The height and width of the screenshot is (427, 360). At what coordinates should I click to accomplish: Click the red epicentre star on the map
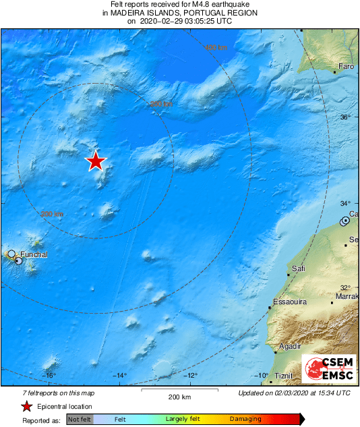tap(96, 161)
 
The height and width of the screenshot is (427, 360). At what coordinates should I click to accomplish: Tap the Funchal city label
tap(34, 255)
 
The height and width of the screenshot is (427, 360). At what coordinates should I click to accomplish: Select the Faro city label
tap(346, 67)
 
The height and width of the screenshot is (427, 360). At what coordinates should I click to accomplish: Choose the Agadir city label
tap(289, 346)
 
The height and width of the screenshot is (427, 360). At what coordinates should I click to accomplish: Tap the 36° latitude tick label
tap(345, 117)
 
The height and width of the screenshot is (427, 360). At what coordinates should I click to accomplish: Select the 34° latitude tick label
tap(345, 203)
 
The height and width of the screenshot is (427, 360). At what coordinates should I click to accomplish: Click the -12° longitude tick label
tap(191, 375)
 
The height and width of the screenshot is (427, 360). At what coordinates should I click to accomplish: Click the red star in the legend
tap(26, 406)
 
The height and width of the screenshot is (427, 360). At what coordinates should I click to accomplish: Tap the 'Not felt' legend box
tap(80, 419)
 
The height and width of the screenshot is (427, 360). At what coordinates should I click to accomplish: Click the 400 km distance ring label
tap(216, 47)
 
